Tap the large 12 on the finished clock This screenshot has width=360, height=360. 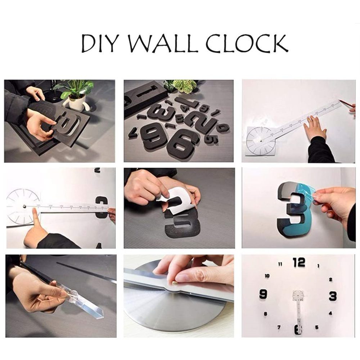click(299, 263)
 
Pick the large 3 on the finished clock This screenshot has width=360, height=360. click(333, 296)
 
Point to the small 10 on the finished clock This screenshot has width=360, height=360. click(267, 276)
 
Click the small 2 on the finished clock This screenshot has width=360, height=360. click(330, 279)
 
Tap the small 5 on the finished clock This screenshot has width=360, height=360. click(317, 327)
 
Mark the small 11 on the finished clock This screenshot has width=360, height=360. click(280, 264)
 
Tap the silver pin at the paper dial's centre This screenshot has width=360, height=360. click(24, 206)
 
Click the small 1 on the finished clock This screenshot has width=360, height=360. click(318, 266)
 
